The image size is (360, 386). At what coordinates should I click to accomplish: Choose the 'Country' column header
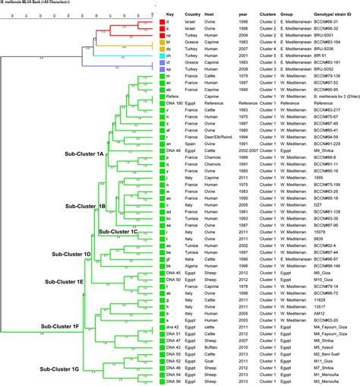194,14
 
